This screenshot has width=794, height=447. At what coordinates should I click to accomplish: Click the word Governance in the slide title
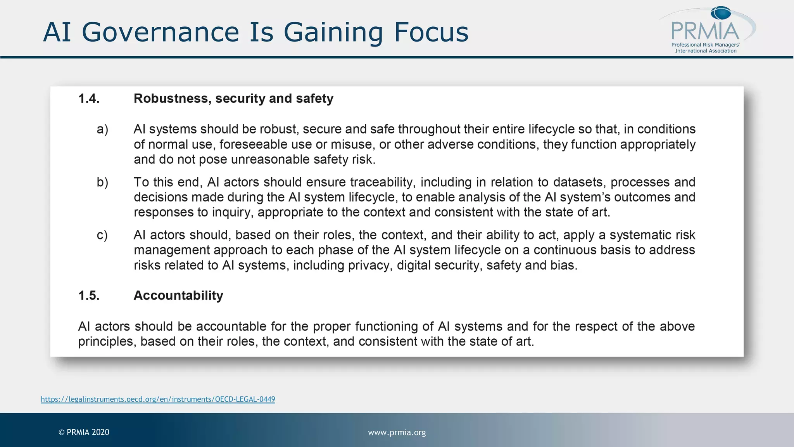tap(161, 32)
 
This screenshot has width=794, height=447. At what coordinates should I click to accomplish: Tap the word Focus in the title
tap(431, 32)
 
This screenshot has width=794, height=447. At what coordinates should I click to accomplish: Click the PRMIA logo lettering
tap(705, 31)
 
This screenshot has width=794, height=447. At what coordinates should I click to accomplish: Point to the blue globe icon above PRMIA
tap(721, 13)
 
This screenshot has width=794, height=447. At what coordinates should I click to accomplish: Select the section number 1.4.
tap(89, 99)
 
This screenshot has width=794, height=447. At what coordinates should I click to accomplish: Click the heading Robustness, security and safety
tap(233, 99)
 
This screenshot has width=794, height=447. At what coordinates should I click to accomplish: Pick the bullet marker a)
tap(102, 129)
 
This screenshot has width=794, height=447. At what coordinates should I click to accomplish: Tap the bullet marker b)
tap(102, 182)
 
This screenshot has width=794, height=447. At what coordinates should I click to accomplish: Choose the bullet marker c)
tap(102, 235)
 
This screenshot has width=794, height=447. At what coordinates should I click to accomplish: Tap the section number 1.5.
tap(89, 296)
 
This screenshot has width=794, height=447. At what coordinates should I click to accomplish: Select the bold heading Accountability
tap(178, 296)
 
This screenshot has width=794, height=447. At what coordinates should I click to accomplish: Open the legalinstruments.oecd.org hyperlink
tap(158, 399)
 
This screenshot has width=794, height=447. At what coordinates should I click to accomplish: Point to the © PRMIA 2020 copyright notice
tap(84, 432)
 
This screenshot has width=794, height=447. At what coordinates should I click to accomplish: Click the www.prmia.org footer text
tap(397, 432)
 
